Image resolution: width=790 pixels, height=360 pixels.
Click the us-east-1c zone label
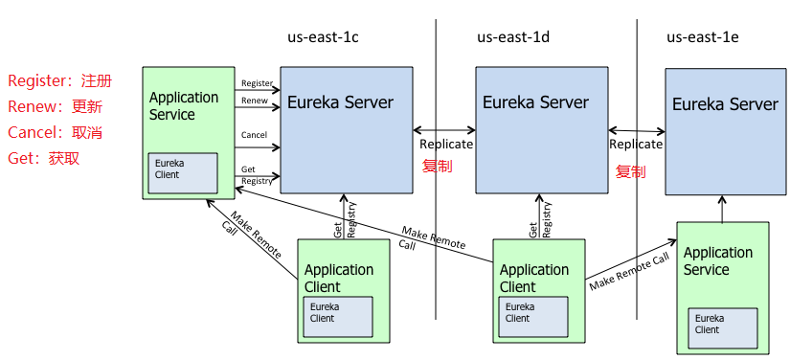click(324, 37)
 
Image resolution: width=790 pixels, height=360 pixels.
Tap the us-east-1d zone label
click(513, 37)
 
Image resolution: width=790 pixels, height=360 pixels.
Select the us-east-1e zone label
click(702, 37)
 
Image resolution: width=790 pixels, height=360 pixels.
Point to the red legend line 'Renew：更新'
click(55, 106)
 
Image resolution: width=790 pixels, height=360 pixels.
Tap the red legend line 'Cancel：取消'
click(55, 132)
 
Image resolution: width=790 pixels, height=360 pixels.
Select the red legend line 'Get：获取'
click(44, 158)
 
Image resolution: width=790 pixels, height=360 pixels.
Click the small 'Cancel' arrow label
click(254, 136)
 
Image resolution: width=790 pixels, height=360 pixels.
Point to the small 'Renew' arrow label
click(254, 101)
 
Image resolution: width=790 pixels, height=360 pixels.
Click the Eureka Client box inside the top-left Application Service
click(180, 169)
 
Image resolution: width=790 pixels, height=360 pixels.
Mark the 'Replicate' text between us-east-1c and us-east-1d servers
click(446, 145)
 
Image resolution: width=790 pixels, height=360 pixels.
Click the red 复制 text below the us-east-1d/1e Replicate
click(630, 172)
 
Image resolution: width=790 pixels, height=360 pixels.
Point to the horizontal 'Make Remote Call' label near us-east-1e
click(629, 272)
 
